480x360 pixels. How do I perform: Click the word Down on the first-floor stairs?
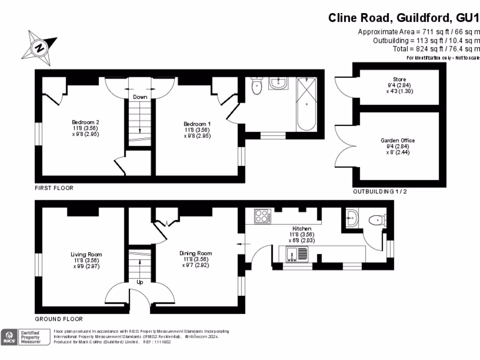pyautogui.click(x=140, y=97)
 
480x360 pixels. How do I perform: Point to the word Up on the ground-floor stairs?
pyautogui.click(x=140, y=282)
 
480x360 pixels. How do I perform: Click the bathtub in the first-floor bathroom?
pyautogui.click(x=307, y=104)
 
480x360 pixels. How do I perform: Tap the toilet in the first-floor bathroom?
pyautogui.click(x=256, y=86)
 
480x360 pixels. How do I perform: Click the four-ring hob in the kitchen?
pyautogui.click(x=263, y=216)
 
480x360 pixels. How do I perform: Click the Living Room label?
pyautogui.click(x=86, y=260)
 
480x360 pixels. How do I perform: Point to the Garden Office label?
pyautogui.click(x=398, y=146)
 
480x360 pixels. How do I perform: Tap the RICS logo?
pyautogui.click(x=8, y=337)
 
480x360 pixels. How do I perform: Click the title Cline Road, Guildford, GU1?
pyautogui.click(x=404, y=18)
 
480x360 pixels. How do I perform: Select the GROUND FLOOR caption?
pyautogui.click(x=59, y=319)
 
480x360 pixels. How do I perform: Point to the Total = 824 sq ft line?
pyautogui.click(x=436, y=49)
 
